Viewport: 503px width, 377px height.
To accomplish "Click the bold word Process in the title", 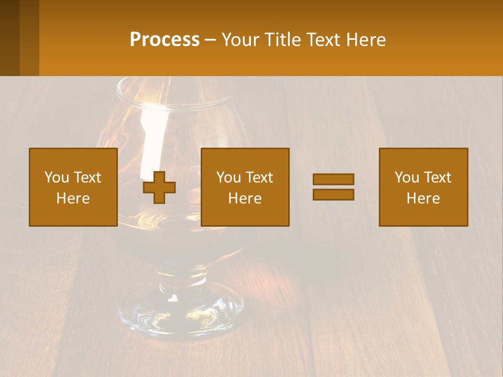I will [165, 40].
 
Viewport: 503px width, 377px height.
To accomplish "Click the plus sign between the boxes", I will [159, 187].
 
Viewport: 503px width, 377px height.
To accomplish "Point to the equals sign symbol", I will [333, 187].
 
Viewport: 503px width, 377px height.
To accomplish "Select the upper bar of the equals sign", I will [333, 180].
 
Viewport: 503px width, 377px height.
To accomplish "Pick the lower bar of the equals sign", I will [333, 194].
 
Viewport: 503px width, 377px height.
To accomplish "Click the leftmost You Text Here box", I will [73, 187].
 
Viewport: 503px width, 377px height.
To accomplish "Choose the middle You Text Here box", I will [245, 187].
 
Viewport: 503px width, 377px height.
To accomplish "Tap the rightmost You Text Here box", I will [423, 187].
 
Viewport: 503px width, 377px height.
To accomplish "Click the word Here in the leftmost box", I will [73, 198].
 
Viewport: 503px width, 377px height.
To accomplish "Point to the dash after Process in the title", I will [211, 40].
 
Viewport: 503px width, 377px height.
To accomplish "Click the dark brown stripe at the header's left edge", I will [9, 38].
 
